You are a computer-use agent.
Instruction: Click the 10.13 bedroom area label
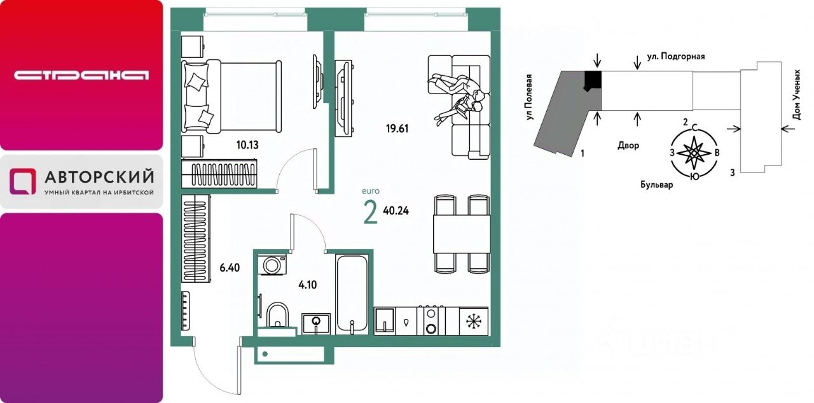[x=247, y=145]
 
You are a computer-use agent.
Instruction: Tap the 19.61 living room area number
[x=397, y=129]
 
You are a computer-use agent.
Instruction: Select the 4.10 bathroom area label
[x=307, y=285]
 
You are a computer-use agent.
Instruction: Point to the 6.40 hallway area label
[x=230, y=268]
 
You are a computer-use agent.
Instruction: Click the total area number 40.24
[x=396, y=211]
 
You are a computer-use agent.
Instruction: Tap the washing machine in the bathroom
[x=272, y=265]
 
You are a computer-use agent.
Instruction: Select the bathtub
[x=352, y=294]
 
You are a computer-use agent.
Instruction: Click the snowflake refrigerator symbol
[x=474, y=322]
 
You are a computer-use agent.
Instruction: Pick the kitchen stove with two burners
[x=431, y=321]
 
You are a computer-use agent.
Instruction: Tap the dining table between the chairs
[x=462, y=234]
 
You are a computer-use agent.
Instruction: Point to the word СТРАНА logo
[x=81, y=75]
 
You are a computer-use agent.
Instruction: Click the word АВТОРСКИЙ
[x=99, y=177]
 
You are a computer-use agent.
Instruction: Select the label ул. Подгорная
[x=676, y=57]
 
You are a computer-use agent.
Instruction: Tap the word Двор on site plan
[x=628, y=146]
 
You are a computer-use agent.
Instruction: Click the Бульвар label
[x=657, y=185]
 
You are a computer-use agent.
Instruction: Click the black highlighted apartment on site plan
[x=593, y=80]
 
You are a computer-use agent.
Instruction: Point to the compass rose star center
[x=694, y=153]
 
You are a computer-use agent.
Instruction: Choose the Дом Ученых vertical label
[x=797, y=95]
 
